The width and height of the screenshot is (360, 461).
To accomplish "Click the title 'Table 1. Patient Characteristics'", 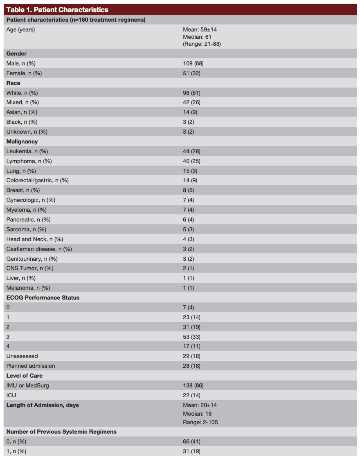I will click(x=57, y=9).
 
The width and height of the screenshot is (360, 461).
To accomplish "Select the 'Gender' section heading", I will click(x=16, y=54).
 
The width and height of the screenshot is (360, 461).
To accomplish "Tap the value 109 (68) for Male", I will click(x=191, y=63).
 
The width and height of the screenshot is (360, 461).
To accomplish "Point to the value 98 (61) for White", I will click(x=191, y=93).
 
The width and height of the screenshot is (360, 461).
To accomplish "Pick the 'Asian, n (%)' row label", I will click(x=23, y=112).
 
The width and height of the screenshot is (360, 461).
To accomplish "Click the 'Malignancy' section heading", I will click(x=22, y=141).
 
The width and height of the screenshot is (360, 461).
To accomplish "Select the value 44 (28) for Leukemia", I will click(x=191, y=151).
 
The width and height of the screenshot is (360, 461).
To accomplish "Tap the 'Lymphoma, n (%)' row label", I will click(x=29, y=161).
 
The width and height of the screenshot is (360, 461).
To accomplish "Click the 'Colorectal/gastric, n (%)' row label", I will click(x=37, y=180).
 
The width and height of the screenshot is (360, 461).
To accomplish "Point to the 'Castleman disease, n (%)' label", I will click(x=39, y=249).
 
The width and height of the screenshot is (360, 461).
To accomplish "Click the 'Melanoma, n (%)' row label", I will click(x=28, y=288).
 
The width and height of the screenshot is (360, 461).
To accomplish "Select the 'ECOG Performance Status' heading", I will click(x=43, y=298).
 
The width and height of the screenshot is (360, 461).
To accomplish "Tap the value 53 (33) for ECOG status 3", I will click(x=191, y=337).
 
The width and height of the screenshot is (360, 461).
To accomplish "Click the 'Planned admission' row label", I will click(x=31, y=366).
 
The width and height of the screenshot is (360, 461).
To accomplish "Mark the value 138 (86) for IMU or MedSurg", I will click(x=193, y=385).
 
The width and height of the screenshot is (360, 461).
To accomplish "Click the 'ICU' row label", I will click(x=11, y=395).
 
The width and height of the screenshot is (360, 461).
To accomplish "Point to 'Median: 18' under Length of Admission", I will click(x=197, y=414).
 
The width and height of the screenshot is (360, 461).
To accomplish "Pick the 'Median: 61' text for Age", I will click(x=197, y=37).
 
